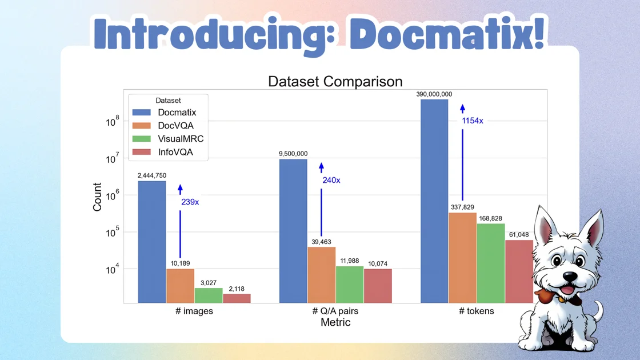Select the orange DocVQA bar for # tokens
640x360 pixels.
pos(462,258)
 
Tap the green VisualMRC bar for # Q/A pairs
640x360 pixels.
pos(350,285)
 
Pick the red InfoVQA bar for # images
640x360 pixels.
pos(237,298)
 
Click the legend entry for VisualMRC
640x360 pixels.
pos(181,139)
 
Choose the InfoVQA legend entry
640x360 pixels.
pos(175,152)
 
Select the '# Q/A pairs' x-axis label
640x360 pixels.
pos(335,311)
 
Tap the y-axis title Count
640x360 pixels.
pos(98,197)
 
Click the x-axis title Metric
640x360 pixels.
pos(335,322)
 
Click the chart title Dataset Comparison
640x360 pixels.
pos(335,81)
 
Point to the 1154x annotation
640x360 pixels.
pos(473,121)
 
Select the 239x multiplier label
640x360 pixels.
pos(190,202)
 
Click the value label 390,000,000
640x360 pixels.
pos(434,94)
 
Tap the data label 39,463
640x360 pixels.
pos(321,242)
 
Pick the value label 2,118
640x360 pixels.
pos(237,289)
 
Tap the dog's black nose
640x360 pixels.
pos(570,275)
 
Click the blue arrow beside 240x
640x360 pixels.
pos(321,200)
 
